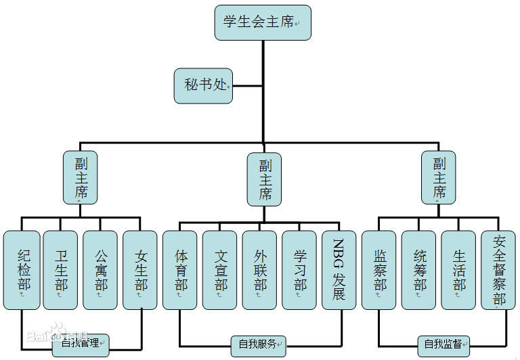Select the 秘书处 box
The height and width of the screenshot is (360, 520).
click(x=203, y=85)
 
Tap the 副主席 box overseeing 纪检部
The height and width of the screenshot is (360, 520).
click(x=81, y=177)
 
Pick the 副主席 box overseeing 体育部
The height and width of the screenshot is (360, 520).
click(x=264, y=179)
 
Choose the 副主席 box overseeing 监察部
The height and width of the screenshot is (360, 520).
click(x=438, y=177)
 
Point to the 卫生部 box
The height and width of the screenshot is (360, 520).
click(x=61, y=270)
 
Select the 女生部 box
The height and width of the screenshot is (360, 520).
click(x=140, y=270)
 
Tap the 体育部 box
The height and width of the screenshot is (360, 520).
click(x=180, y=270)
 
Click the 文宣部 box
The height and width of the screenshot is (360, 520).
click(x=220, y=270)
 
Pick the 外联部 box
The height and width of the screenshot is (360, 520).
click(x=260, y=270)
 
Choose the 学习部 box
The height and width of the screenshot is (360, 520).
click(x=299, y=270)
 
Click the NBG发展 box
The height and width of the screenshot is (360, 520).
click(x=339, y=270)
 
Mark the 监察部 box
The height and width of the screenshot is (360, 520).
click(x=379, y=270)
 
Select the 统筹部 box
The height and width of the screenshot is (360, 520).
click(x=419, y=270)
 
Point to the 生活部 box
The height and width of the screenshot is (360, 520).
click(x=459, y=270)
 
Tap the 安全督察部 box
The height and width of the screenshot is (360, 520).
click(x=499, y=270)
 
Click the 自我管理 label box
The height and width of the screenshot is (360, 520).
click(x=81, y=345)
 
